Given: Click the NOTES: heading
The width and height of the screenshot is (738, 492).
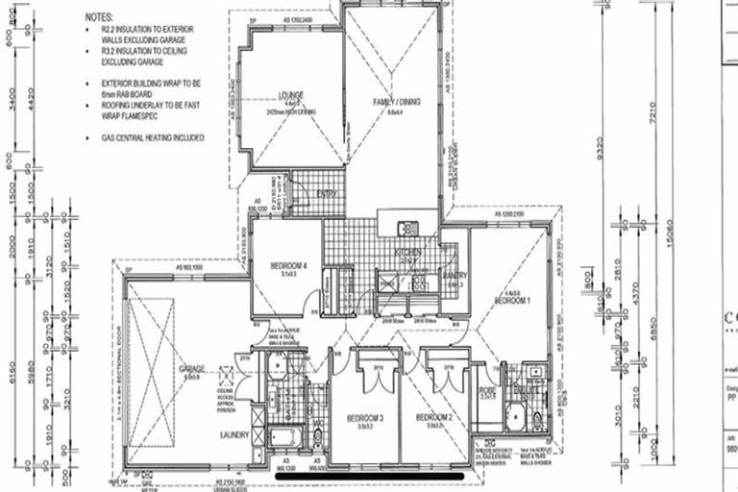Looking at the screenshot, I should (99, 17).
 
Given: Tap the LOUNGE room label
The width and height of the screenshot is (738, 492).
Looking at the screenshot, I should (291, 95).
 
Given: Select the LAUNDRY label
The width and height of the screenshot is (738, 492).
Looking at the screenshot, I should (234, 436).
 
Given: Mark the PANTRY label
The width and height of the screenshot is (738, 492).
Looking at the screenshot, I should (455, 276).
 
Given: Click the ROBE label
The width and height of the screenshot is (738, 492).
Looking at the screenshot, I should (487, 391).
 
